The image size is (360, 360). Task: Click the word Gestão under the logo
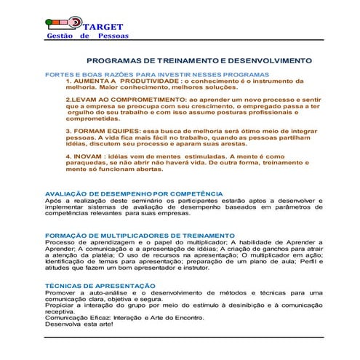pos(59,36)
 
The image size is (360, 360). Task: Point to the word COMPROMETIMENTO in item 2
pos(139,97)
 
